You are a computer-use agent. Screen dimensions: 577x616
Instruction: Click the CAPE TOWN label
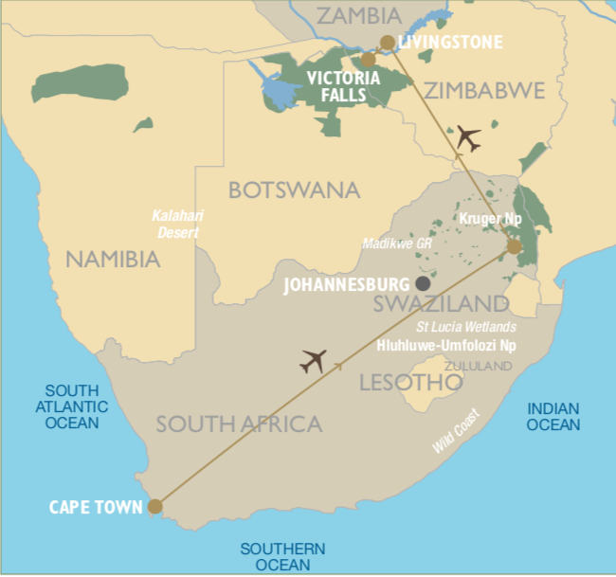point(96,507)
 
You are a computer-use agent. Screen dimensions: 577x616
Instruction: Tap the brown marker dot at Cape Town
point(155,507)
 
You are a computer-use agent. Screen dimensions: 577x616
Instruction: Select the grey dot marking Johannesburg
point(423,283)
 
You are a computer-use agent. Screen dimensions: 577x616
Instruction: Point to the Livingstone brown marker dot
point(387,42)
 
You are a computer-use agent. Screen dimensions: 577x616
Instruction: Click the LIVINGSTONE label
point(451,43)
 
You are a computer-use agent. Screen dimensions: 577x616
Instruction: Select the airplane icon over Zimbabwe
point(467,137)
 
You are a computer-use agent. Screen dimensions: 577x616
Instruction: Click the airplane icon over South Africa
point(313,361)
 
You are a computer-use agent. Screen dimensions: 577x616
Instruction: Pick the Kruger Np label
point(490,219)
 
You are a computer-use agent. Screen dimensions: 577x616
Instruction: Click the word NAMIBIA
point(113,258)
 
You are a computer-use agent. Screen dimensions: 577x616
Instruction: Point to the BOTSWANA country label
point(294,189)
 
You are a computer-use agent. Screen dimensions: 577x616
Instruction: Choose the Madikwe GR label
point(397,243)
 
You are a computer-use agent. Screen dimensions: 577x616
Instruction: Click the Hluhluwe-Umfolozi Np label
point(447,345)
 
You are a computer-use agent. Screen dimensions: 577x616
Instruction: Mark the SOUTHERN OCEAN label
point(282,557)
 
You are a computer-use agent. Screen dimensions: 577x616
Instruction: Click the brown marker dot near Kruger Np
point(514,247)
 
